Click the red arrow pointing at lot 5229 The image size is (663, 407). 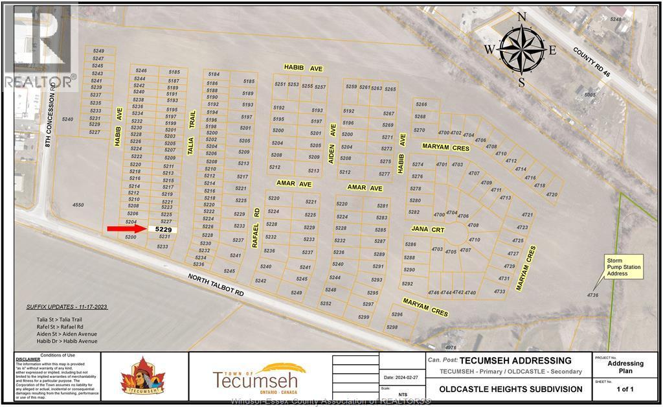coord(127,228)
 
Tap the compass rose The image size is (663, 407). coord(521,50)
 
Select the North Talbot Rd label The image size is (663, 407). coord(216,285)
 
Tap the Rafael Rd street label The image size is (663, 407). coord(256,228)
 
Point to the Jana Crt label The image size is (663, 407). coord(428,229)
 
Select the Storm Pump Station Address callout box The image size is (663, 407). coord(624,268)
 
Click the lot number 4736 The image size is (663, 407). coord(592,296)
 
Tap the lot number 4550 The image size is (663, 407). coord(78,205)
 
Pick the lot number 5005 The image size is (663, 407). coord(589,95)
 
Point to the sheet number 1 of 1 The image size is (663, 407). coord(625,388)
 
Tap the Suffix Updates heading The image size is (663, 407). coord(67,306)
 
